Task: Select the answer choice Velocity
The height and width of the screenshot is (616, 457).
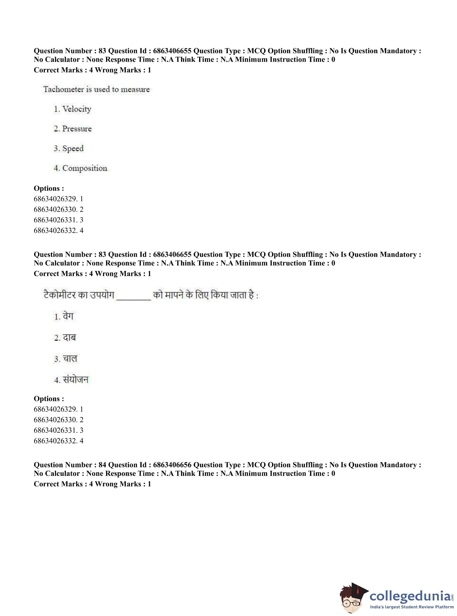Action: pos(77,109)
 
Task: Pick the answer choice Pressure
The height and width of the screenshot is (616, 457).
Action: pos(77,129)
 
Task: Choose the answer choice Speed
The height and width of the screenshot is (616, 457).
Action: pos(73,149)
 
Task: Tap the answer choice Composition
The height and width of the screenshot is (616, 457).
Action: pos(85,168)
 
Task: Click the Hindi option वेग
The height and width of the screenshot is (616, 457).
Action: pos(68,316)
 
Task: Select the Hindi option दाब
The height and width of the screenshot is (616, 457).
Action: pos(69,338)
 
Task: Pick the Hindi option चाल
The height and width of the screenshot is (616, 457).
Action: pos(70,359)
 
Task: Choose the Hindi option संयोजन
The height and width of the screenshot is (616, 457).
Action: pos(75,380)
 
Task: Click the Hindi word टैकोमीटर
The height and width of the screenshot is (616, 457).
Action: pos(59,295)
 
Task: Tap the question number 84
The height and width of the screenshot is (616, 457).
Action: pos(102,465)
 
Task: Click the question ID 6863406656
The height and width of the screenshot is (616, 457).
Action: pos(172,465)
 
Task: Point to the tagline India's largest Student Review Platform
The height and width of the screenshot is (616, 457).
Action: pos(412,607)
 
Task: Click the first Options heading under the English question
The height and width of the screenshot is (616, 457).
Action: pos(49,188)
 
